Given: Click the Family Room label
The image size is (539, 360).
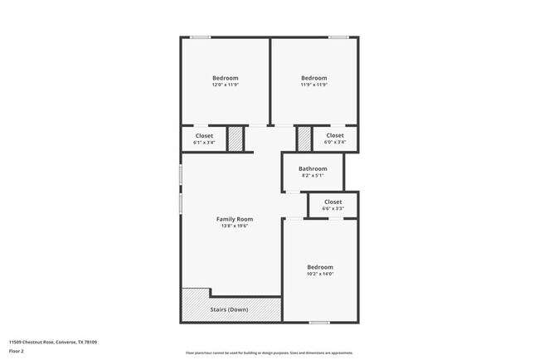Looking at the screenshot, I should (235, 219).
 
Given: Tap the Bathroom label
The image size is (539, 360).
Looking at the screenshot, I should (313, 168).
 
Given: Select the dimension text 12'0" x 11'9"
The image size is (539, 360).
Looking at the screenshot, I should (225, 85).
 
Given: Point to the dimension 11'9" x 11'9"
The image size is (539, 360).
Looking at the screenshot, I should (314, 85).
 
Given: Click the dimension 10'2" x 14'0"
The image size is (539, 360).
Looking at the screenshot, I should (319, 274).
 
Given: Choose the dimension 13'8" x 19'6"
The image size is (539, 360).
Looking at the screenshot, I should (235, 226).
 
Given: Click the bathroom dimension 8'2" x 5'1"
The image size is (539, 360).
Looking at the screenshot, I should (313, 175).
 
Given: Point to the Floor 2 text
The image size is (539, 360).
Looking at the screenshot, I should (17, 352).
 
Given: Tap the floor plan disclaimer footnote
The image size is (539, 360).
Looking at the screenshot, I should (269, 352).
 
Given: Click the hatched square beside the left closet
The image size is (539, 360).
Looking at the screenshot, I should (236, 138).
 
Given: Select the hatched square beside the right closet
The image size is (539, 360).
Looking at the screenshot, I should (304, 138).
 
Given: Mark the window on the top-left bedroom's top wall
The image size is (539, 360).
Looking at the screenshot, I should (199, 36).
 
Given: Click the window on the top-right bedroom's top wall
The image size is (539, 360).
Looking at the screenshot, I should (337, 36).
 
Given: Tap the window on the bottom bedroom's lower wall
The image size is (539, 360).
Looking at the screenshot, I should (319, 322).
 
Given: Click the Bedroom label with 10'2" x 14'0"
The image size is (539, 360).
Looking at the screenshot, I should (319, 267).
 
